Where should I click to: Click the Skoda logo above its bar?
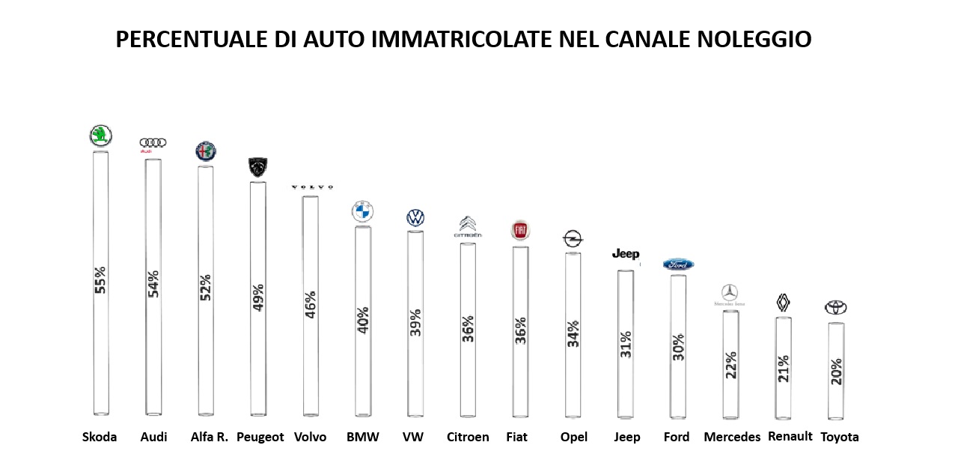(x=100, y=136)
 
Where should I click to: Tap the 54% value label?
(x=153, y=283)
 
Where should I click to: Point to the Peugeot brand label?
(x=260, y=437)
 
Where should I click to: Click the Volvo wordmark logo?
(x=311, y=187)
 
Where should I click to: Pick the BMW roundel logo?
(x=362, y=212)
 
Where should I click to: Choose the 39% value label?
(x=415, y=322)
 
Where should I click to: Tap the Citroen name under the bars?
(x=468, y=437)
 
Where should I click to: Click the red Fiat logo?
(x=520, y=230)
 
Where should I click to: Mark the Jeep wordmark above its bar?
(x=626, y=254)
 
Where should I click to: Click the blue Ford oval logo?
(x=678, y=264)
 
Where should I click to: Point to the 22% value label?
(x=730, y=365)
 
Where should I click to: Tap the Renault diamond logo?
(x=783, y=302)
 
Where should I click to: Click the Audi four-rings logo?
(x=153, y=142)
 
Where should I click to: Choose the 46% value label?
(x=311, y=305)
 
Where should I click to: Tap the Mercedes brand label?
(x=732, y=437)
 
